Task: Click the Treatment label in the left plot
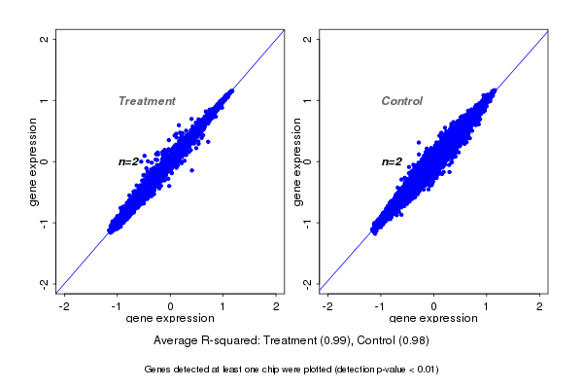click(147, 101)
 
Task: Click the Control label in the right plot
click(401, 101)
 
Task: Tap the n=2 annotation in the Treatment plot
click(128, 161)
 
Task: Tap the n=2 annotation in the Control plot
click(392, 161)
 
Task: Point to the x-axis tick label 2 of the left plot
click(276, 306)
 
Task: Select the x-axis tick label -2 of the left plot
click(64, 306)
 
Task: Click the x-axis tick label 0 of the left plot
click(171, 306)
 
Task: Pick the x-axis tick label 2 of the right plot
click(540, 306)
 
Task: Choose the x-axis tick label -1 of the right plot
click(380, 306)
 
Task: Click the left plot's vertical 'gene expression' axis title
click(33, 161)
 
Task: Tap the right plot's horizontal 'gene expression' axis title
click(433, 319)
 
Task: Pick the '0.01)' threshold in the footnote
click(426, 370)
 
